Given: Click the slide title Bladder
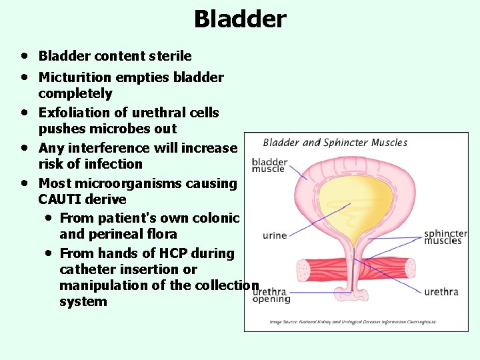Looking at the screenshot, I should tap(239, 19).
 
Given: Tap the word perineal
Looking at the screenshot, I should tap(113, 234).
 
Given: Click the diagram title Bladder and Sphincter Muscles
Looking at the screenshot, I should tap(335, 142).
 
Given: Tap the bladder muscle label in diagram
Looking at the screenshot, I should tap(269, 165).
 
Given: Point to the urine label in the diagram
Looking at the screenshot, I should tap(275, 235).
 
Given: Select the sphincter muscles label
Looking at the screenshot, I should tap(445, 237).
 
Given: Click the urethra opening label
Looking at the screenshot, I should tap(271, 295).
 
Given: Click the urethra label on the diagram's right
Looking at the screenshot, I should tap(441, 292).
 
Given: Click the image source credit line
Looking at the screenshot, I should tap(353, 321).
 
